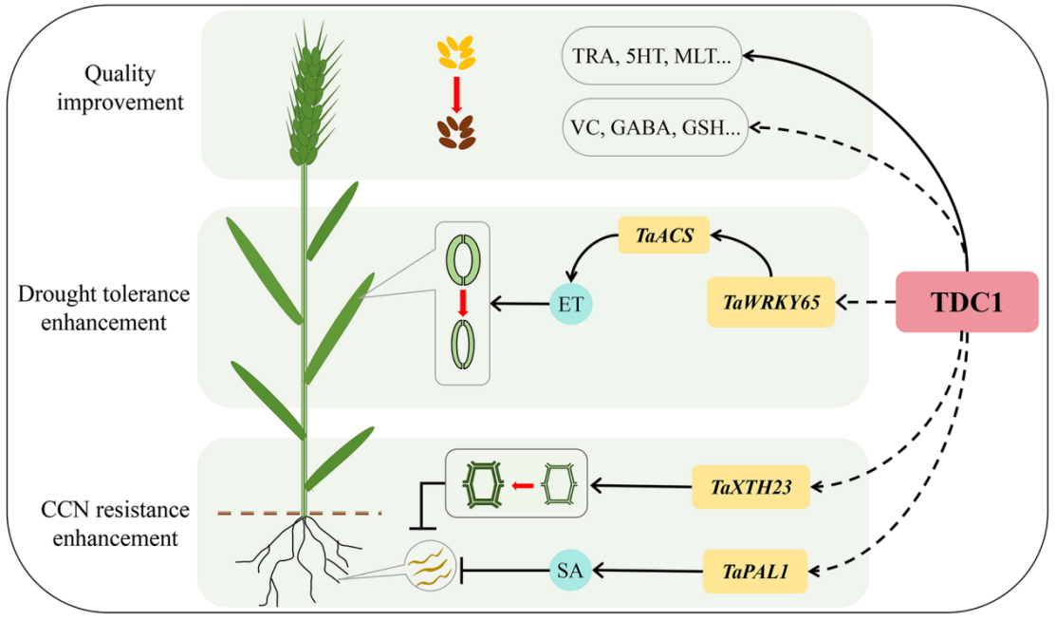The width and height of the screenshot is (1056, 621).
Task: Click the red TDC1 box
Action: (x=967, y=302)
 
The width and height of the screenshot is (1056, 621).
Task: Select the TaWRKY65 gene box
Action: (x=770, y=303)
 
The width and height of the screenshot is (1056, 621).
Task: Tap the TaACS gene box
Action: (x=664, y=235)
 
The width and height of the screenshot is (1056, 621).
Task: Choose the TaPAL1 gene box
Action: (x=754, y=572)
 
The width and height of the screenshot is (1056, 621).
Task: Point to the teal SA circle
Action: (x=570, y=571)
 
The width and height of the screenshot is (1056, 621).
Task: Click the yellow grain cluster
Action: (x=455, y=54)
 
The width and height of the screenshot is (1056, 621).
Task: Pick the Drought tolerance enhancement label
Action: (x=103, y=308)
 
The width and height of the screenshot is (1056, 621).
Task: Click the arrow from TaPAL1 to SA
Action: (x=644, y=571)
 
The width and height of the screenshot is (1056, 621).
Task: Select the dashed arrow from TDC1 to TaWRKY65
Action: (x=864, y=303)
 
